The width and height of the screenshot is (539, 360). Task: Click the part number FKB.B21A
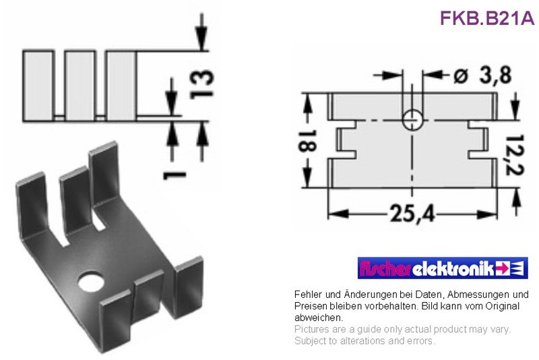coord(487,18)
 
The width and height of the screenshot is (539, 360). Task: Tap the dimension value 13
coord(201,84)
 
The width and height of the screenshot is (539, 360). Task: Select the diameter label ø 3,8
coord(482,75)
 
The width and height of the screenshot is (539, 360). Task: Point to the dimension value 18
coord(307,141)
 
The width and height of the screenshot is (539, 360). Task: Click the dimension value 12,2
coord(515,155)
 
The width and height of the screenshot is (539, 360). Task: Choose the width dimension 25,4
coord(412,213)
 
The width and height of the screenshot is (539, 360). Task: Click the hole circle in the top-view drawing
coord(412,120)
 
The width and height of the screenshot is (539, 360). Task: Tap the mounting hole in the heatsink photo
coord(91,282)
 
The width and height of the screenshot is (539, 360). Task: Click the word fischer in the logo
coord(385,268)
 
